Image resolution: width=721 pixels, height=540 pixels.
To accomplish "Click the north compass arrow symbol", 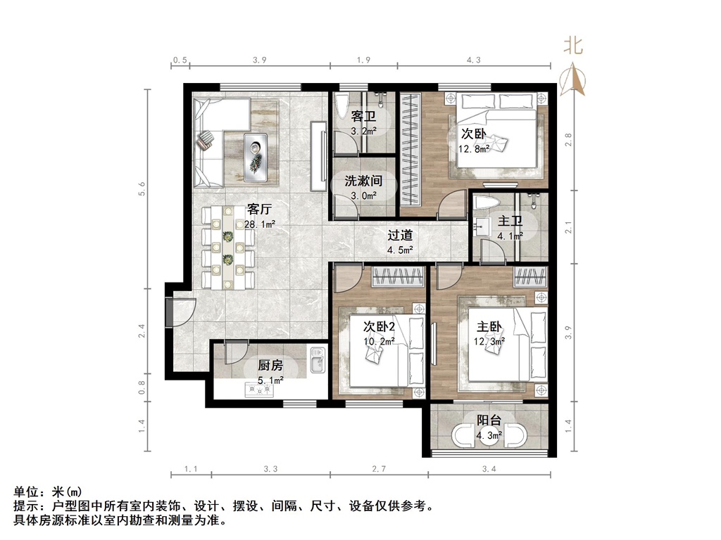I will pos(573,82).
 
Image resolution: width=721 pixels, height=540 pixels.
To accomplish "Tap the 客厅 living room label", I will pos(259,210).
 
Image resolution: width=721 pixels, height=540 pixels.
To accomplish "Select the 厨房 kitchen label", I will pos(270,366).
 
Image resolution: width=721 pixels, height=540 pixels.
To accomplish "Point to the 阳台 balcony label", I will pos(489,420).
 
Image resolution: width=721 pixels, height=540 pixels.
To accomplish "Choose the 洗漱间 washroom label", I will pos(363,181).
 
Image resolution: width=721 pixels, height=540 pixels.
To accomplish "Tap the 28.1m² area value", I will pos(259,224).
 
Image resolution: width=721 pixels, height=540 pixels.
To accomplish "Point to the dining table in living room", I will pos(227,247).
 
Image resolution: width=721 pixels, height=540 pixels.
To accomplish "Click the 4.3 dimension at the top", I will pos(473,60).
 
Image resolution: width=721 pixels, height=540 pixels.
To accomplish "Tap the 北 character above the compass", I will pos(573,47).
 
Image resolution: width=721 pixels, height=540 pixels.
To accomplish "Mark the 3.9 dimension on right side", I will pos(568,328).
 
